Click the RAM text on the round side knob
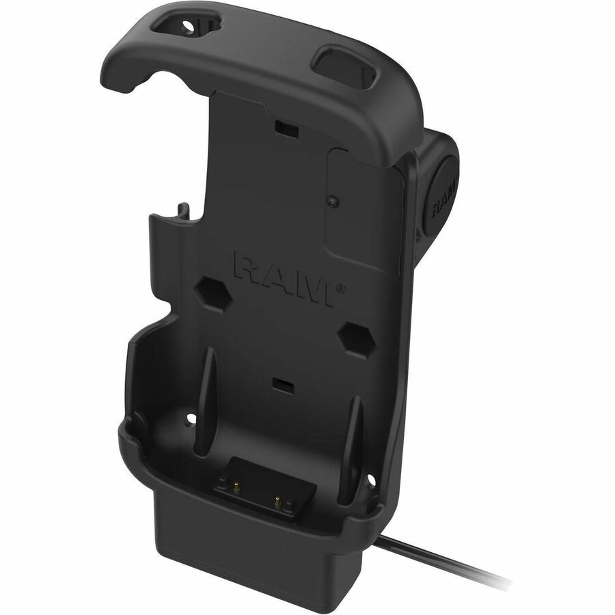(443, 198)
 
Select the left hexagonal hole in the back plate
(214, 294)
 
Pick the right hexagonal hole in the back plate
(357, 340)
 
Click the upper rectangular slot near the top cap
(286, 128)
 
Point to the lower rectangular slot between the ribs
(283, 385)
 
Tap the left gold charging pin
(236, 487)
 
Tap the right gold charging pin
(277, 502)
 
